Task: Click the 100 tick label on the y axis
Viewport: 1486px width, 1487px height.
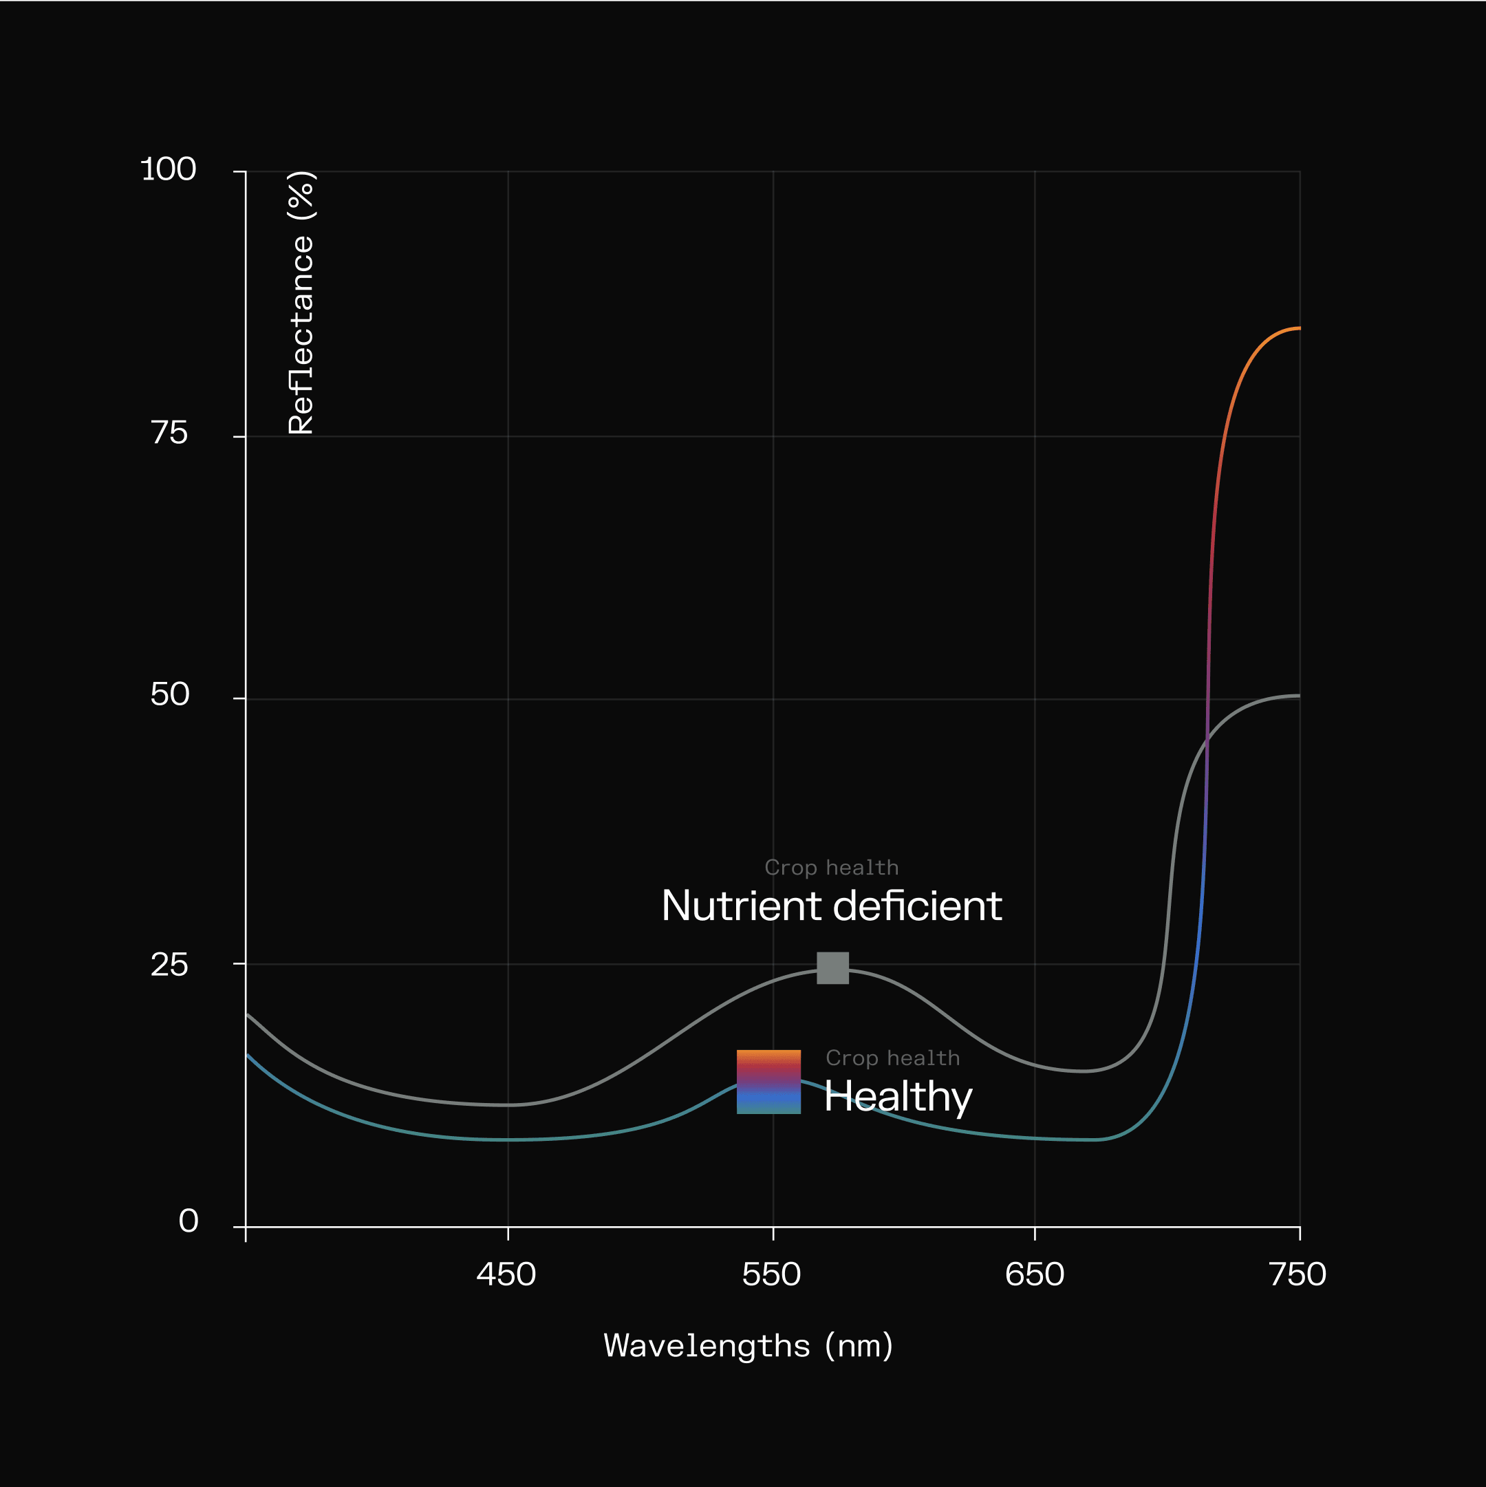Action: [169, 169]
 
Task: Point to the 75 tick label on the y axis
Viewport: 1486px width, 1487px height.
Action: [169, 434]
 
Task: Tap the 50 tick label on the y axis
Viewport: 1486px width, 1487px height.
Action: [169, 695]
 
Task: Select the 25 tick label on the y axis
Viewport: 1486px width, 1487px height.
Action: [169, 965]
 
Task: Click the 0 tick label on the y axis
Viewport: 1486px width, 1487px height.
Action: [189, 1221]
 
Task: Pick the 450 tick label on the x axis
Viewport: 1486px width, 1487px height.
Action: [506, 1275]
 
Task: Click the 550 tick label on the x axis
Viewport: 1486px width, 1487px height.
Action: [771, 1275]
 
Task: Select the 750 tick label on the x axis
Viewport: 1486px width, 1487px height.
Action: [1297, 1275]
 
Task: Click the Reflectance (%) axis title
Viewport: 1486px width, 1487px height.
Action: [301, 303]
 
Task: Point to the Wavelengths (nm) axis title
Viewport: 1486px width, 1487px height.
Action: [748, 1346]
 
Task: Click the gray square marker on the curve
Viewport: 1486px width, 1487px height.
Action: [832, 968]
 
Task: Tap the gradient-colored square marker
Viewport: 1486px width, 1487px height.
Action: [768, 1082]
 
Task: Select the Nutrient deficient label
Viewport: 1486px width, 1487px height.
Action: [831, 906]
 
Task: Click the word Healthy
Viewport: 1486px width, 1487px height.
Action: [898, 1097]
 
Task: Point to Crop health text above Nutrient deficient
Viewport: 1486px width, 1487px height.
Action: [831, 868]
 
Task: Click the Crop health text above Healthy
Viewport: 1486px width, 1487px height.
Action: [893, 1058]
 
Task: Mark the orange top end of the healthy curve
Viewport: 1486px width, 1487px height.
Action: [1297, 329]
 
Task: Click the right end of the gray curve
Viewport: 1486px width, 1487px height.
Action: [1298, 696]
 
